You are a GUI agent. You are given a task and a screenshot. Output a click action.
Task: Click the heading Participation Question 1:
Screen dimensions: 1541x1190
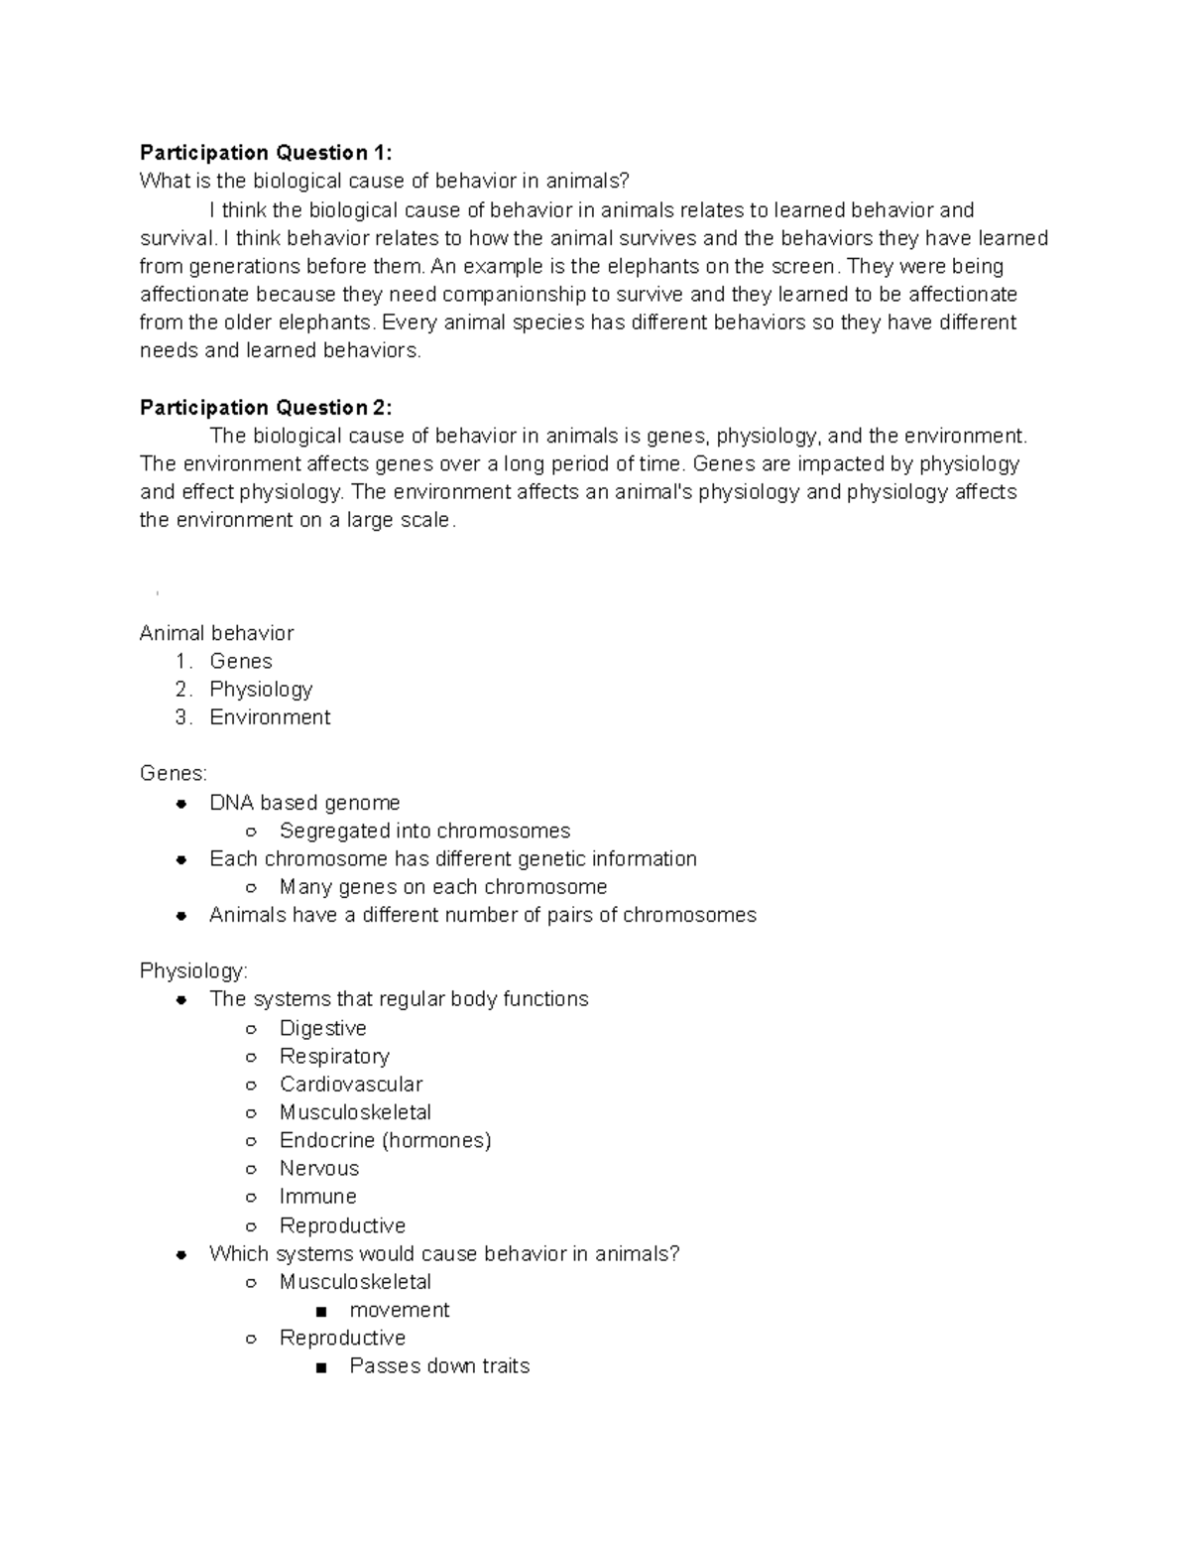click(x=266, y=152)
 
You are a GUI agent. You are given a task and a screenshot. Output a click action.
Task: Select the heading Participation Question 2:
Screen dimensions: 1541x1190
click(x=266, y=408)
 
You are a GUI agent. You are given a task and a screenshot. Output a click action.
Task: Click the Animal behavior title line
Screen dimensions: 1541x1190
click(x=216, y=633)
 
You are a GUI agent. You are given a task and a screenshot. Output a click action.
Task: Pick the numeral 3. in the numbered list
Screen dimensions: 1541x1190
click(x=182, y=717)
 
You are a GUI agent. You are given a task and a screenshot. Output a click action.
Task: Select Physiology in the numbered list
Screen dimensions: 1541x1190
click(x=261, y=690)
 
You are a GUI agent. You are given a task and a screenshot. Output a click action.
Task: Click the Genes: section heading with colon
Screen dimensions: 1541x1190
click(x=174, y=774)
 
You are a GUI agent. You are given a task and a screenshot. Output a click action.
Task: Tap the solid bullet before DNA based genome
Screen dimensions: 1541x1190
click(x=181, y=804)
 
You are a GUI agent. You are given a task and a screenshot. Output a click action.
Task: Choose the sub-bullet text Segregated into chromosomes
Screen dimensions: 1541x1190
click(x=424, y=832)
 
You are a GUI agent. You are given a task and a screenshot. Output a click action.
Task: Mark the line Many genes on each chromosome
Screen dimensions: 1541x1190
click(x=442, y=887)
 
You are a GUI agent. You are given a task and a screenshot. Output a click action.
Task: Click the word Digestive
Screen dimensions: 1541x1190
click(x=322, y=1029)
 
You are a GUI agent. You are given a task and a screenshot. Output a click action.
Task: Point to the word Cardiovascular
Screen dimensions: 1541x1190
click(x=350, y=1085)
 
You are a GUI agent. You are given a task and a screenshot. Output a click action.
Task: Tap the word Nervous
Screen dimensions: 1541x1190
click(x=318, y=1169)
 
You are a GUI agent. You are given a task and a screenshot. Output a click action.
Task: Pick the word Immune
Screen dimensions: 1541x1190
click(x=317, y=1197)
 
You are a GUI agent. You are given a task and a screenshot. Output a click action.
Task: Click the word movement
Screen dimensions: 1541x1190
click(x=400, y=1311)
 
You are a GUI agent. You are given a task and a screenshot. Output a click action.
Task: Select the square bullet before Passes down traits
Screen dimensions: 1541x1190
click(x=320, y=1367)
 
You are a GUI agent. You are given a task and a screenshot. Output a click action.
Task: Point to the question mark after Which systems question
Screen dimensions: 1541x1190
click(x=675, y=1254)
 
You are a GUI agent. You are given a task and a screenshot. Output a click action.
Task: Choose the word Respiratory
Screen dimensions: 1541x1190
click(x=334, y=1057)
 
